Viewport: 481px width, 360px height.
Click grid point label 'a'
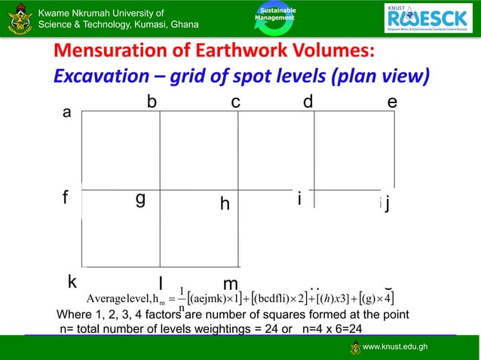pos(67,114)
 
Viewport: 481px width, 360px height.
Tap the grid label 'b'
pos(152,102)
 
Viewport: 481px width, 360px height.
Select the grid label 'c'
pos(235,102)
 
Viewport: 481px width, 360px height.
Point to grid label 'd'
pos(308,102)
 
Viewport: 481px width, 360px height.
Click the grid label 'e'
pos(392,102)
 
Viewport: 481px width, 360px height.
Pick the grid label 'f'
pos(66,199)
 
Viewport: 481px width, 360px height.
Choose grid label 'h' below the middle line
pos(225,204)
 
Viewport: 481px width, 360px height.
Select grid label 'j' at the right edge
pos(387,204)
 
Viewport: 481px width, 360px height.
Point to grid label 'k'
pos(72,282)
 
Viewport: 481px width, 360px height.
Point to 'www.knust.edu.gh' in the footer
pos(395,347)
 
